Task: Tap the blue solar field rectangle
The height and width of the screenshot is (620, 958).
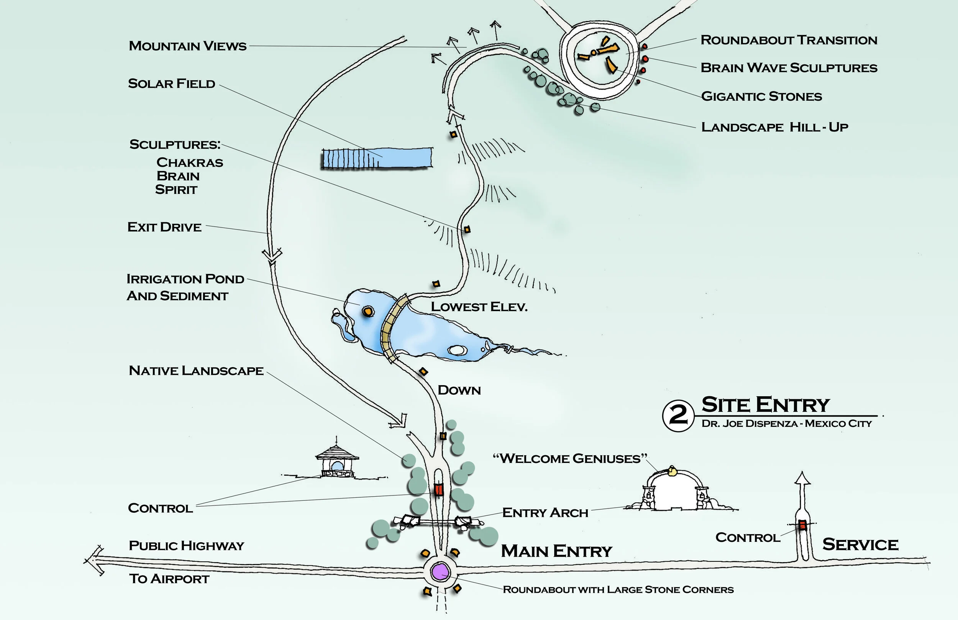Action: (377, 158)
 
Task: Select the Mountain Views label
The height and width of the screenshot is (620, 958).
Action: (187, 46)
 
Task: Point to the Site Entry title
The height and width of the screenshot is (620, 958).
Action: (765, 405)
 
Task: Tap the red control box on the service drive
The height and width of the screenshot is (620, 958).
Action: (802, 525)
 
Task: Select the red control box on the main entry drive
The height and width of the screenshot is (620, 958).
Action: (438, 490)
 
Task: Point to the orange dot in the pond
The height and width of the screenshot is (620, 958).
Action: (367, 311)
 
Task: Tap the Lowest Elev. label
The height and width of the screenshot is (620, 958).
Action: (479, 307)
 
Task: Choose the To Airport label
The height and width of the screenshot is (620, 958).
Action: (169, 579)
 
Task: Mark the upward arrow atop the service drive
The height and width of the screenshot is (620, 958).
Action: (802, 479)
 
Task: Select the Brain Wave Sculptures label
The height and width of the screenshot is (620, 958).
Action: (789, 68)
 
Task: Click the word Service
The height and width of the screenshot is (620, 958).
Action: (860, 544)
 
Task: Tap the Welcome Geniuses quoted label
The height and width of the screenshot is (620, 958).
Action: (570, 458)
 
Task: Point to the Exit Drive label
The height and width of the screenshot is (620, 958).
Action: (164, 227)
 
